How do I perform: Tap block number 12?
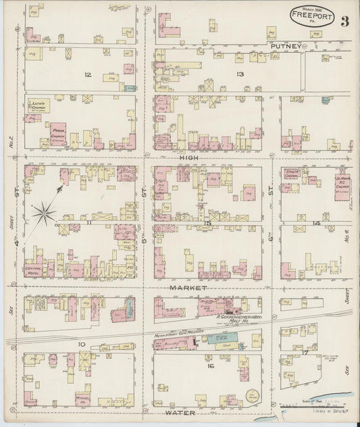[x=88, y=74]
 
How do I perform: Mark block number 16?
[x=210, y=366]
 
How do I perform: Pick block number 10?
[x=82, y=345]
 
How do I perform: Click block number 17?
[x=306, y=351]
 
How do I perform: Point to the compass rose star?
[x=44, y=214]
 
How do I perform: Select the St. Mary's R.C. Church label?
[x=344, y=182]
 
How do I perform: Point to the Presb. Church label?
[x=58, y=134]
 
